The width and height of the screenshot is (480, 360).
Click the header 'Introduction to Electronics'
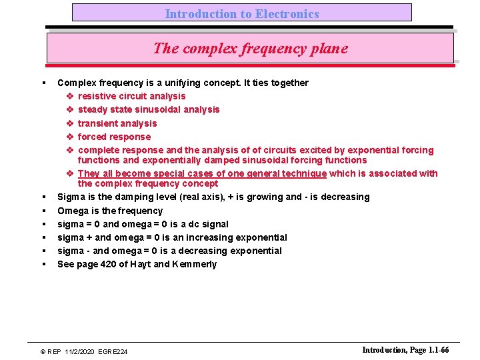point(242,13)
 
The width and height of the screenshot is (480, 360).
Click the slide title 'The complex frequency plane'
point(250,48)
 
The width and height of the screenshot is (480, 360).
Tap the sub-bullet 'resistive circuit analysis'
point(131,96)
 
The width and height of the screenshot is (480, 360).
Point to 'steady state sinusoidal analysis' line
point(148,109)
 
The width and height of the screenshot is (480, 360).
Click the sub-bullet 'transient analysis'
point(117,123)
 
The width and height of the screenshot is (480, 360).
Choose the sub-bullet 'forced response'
point(114,137)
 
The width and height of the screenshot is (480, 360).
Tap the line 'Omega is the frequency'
point(110,211)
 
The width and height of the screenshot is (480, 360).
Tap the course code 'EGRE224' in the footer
point(115,351)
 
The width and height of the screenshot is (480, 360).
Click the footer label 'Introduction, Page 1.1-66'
point(405,350)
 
